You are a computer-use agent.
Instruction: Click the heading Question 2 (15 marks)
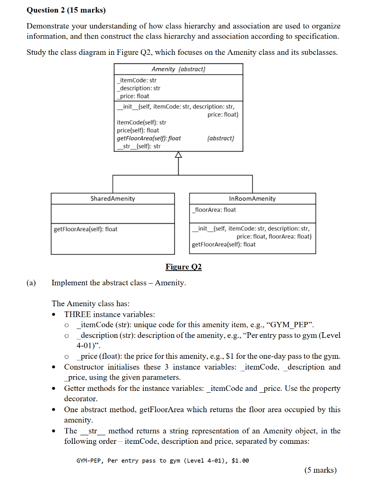point(66,9)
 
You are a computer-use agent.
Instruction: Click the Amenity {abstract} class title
point(178,69)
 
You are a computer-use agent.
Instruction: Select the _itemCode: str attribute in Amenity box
point(137,80)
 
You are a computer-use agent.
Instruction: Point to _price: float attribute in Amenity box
point(133,96)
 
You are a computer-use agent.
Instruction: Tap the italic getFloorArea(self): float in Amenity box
point(148,138)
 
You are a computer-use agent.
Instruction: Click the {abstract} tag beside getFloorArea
point(221,138)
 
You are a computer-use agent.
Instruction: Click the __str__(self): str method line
point(139,146)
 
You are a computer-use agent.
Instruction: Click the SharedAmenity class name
point(113,199)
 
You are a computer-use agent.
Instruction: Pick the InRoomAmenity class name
point(252,199)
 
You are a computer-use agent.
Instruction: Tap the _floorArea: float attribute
point(214,210)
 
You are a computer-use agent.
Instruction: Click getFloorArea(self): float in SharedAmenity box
point(86,229)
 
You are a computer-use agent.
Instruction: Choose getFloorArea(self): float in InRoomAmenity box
point(224,244)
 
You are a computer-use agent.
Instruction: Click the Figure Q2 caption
point(183,267)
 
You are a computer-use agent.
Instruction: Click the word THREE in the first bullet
point(78,314)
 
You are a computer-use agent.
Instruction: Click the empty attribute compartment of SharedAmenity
point(113,214)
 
